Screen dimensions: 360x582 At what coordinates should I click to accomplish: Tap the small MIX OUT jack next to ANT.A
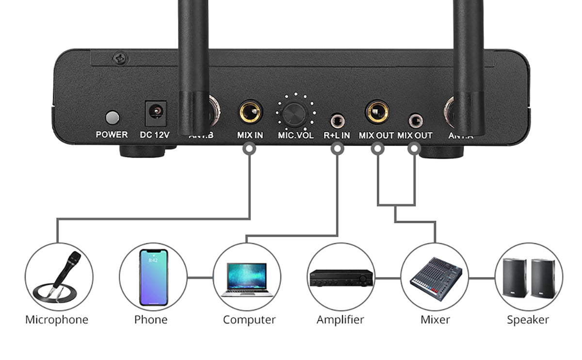[415, 119]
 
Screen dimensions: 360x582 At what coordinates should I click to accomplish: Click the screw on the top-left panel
[118, 59]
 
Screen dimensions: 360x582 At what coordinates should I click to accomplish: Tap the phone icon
[153, 277]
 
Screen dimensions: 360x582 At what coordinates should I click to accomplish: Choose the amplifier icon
[341, 278]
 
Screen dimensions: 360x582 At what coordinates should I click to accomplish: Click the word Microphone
[57, 320]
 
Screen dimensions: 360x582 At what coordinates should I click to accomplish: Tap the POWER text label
[112, 135]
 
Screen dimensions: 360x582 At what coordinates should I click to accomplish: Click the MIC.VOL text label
[295, 135]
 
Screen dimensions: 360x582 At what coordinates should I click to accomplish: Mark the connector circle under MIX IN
[249, 149]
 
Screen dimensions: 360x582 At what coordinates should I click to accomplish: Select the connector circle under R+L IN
[337, 149]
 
